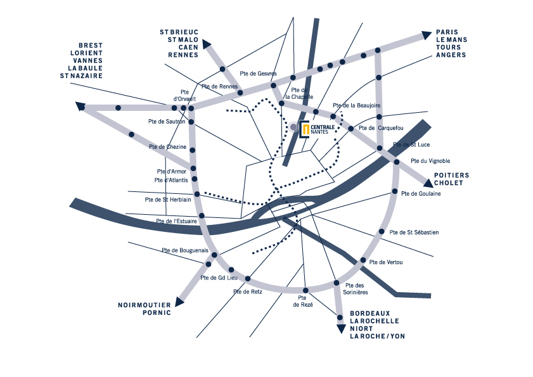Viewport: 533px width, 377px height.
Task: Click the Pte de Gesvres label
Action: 258,73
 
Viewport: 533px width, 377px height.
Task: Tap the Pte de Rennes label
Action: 219,86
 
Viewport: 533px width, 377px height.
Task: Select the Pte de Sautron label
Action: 167,122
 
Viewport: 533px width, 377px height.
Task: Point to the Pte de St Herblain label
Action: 168,200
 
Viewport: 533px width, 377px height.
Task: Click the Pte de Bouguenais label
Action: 185,250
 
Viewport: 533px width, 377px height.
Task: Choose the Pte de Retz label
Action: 247,291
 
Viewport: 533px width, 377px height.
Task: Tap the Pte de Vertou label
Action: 386,262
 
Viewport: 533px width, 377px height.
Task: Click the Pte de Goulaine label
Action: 421,194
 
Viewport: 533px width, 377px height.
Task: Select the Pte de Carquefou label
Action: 381,128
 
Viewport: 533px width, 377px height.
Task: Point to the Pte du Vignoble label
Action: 430,161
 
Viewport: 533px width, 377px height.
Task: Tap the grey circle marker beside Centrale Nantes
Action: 293,127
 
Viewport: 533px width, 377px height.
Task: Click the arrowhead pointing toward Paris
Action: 427,35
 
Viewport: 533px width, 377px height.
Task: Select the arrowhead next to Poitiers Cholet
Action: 428,183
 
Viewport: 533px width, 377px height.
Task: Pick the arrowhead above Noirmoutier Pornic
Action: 179,302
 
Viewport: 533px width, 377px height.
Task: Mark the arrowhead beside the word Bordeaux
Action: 341,329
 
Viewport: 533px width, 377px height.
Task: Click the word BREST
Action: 91,45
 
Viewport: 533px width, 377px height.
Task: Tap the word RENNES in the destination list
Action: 183,54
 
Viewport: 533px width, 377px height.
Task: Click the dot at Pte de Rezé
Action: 305,290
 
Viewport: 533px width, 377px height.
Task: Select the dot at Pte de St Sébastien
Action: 382,231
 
